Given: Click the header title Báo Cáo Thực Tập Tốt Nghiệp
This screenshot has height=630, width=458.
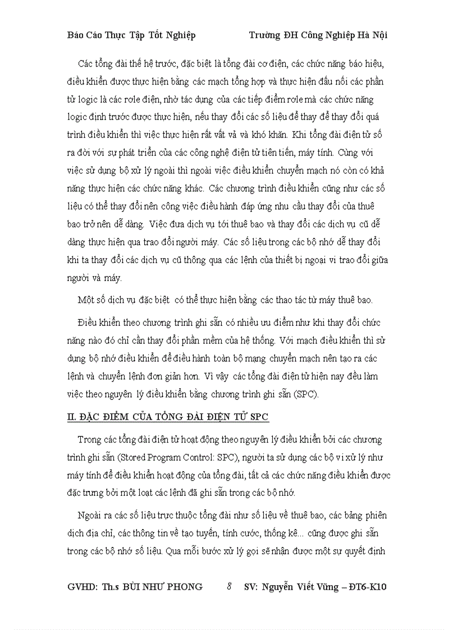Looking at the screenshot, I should [x=131, y=35].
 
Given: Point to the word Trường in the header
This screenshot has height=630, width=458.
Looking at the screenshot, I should [x=265, y=35].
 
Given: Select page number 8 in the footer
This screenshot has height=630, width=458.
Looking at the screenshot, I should [x=229, y=587].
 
